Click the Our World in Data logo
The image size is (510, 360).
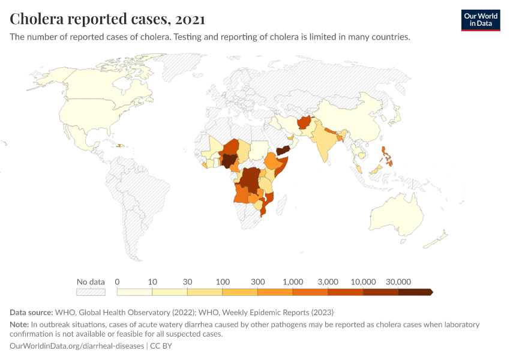click(x=480, y=20)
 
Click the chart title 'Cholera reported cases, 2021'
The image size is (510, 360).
click(x=107, y=19)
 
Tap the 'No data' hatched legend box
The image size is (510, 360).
click(x=91, y=292)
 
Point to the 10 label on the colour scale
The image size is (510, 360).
click(x=152, y=281)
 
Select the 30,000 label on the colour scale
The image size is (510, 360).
click(x=398, y=281)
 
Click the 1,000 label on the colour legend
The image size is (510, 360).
click(x=293, y=281)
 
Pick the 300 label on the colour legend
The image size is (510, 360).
click(x=257, y=281)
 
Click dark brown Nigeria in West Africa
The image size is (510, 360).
click(x=229, y=160)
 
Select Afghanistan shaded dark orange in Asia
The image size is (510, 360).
click(x=304, y=122)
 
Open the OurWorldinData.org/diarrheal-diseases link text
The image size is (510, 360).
click(x=77, y=346)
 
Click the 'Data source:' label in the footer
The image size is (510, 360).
click(x=31, y=312)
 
